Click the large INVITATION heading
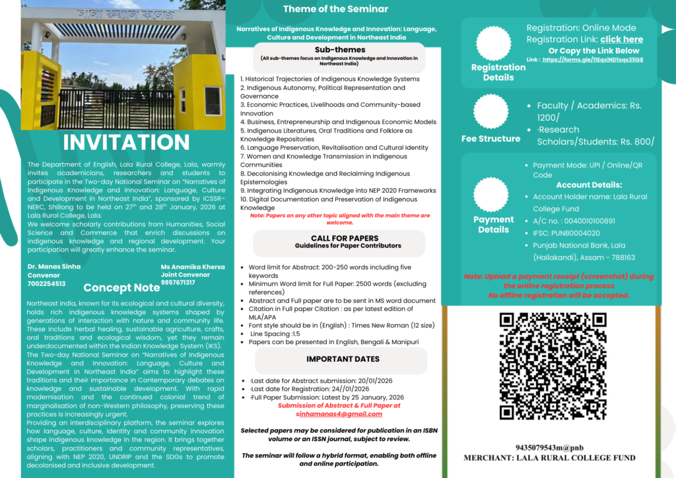pos(126,142)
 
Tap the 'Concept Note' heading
pos(121,287)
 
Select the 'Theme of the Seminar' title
pos(335,9)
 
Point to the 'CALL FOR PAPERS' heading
pos(345,238)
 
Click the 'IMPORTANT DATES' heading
pos(343,359)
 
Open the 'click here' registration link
pos(621,40)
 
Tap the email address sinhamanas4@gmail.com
pos(339,414)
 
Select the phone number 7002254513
pos(46,283)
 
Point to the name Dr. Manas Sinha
pos(54,266)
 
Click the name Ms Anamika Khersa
pos(193,266)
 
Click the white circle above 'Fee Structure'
pos(491,112)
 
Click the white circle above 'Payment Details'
pos(492,194)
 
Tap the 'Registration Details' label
pos(498,72)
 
